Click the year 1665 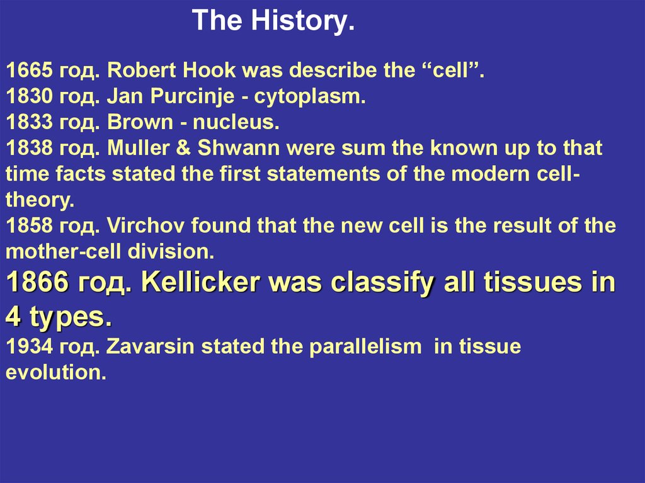point(29,70)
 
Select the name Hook point(209,70)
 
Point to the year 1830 point(29,96)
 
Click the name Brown point(140,122)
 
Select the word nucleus point(236,122)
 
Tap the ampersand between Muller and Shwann point(183,148)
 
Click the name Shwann point(239,148)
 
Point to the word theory point(40,200)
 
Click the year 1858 point(29,225)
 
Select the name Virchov point(146,225)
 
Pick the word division point(171,251)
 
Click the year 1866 point(37,282)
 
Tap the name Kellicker point(200,282)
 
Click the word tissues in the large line point(533,282)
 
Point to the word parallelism point(365,346)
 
